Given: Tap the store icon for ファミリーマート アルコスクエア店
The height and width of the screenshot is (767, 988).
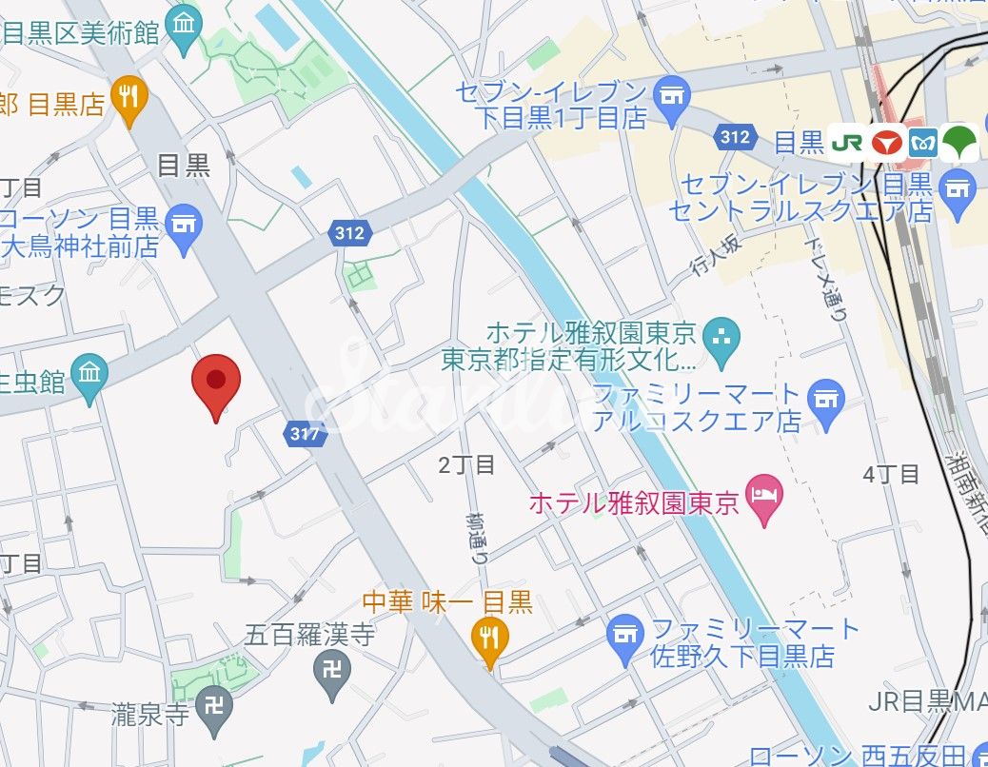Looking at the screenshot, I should point(825,398).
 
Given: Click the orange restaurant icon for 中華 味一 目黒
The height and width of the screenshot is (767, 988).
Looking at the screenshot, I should point(490,639).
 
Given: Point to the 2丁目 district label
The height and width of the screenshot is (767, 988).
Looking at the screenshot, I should point(466,465).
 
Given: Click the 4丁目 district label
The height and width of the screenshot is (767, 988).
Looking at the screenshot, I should point(891,473).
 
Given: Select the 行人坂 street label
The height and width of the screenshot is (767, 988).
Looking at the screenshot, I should point(715,262).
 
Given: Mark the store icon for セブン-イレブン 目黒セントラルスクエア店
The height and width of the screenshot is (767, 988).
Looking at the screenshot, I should point(957,189).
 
